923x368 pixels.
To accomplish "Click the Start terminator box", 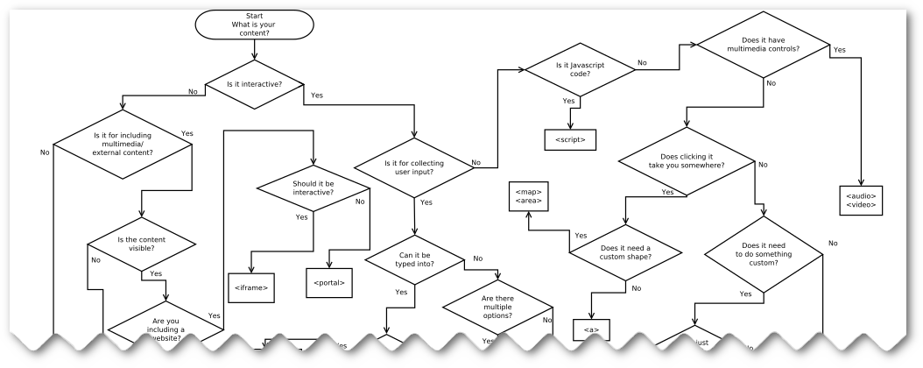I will (x=254, y=24).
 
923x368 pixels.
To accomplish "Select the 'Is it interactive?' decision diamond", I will (x=255, y=84).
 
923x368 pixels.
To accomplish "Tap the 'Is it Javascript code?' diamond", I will (x=574, y=70).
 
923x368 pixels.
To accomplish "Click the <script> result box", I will (x=570, y=139).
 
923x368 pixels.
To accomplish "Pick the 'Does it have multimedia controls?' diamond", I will (x=764, y=44).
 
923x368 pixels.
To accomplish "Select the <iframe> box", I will (x=251, y=287).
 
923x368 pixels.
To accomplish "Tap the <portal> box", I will (x=328, y=282).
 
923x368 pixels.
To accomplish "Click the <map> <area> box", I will (x=528, y=196).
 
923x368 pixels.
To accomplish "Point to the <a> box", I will (x=590, y=330).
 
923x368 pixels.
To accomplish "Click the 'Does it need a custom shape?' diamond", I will (x=624, y=251).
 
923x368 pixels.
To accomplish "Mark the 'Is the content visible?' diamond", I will (x=142, y=242).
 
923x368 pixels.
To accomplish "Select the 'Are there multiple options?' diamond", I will (x=497, y=308).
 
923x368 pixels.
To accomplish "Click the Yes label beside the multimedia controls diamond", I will (x=839, y=50).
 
